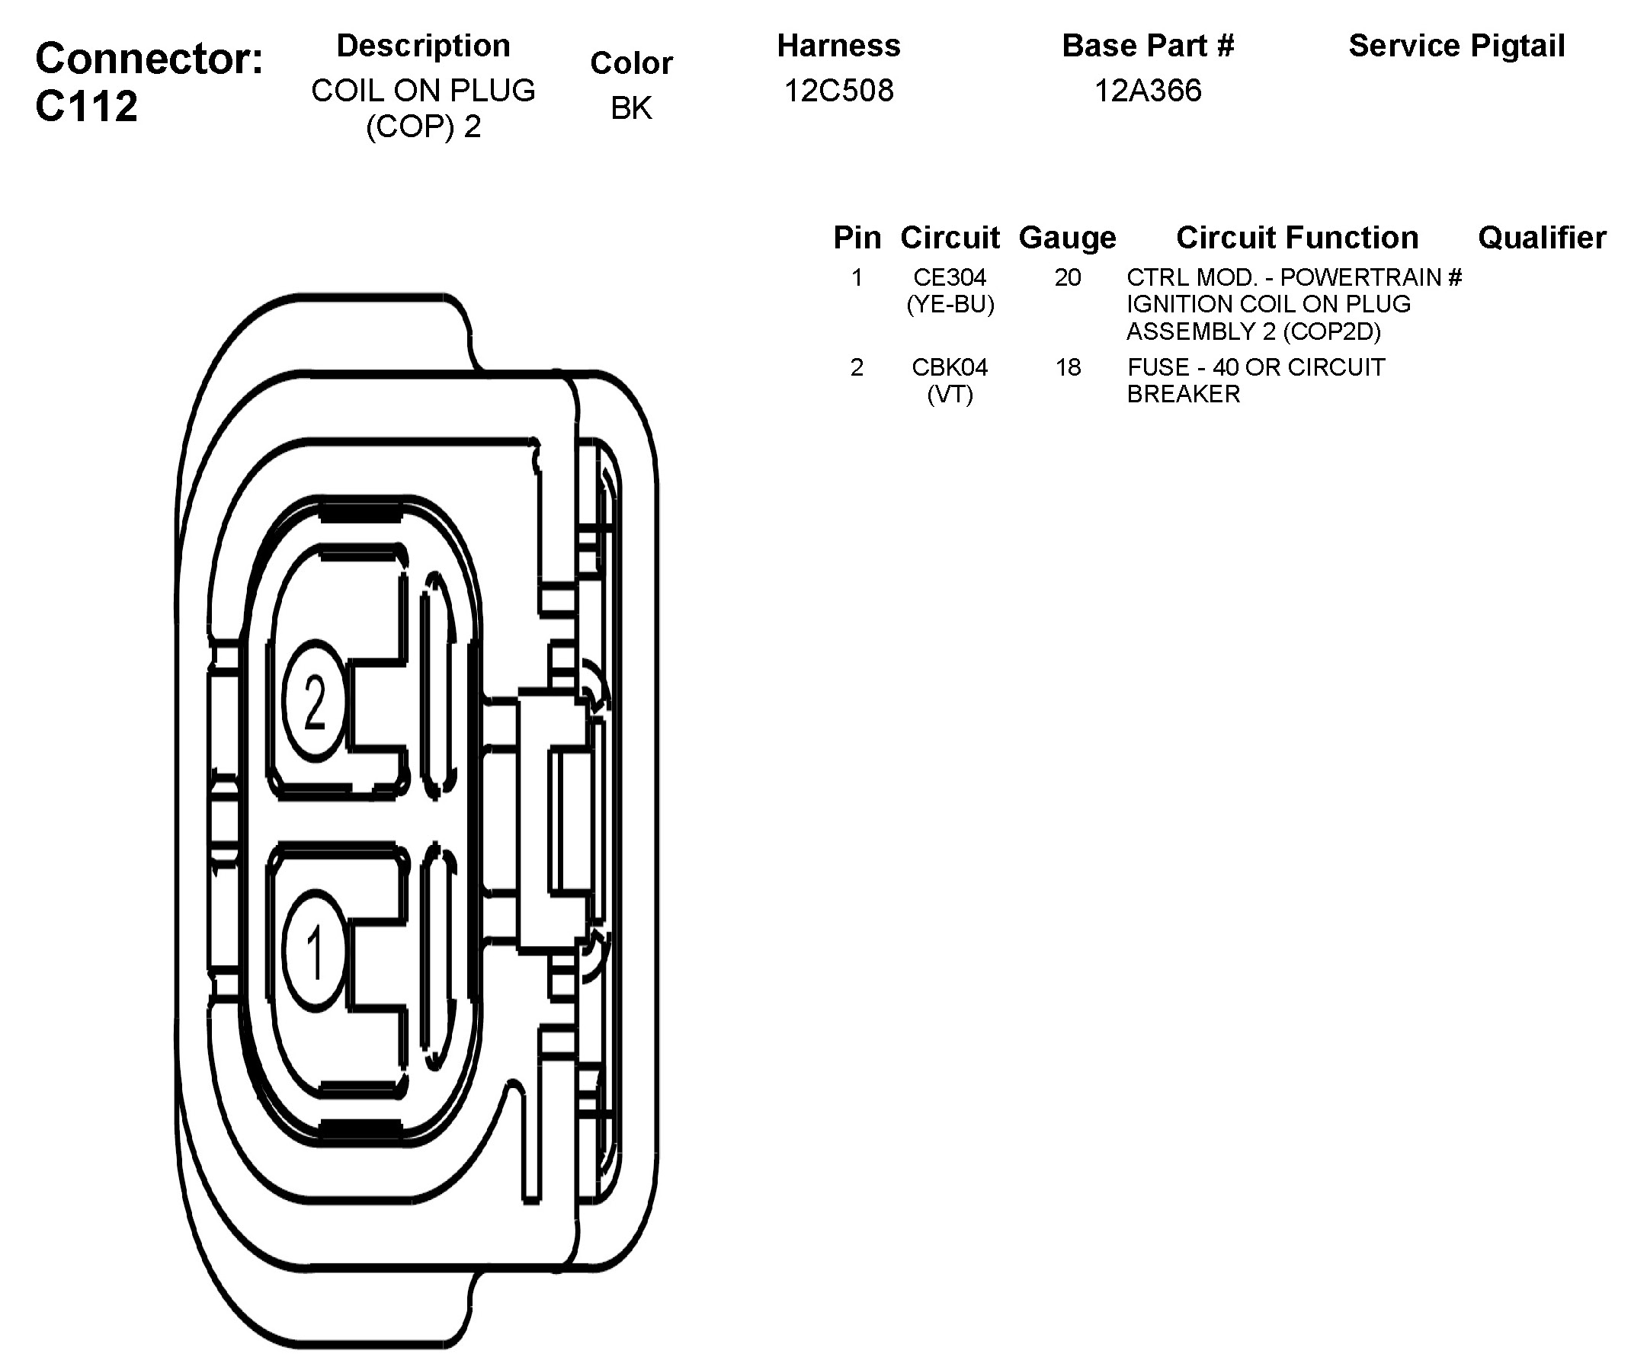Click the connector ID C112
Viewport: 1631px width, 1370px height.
coord(86,106)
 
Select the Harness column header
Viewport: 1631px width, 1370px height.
coord(838,46)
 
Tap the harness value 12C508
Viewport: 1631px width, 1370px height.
coord(838,91)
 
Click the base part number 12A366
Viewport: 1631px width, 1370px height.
coord(1147,91)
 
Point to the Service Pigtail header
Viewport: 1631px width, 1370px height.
coord(1456,46)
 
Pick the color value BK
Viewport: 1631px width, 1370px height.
coord(630,108)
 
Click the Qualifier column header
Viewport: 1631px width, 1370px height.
coord(1542,238)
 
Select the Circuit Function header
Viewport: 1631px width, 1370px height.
coord(1297,238)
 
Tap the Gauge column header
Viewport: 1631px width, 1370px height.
coord(1067,238)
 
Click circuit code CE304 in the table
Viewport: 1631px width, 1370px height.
coord(949,277)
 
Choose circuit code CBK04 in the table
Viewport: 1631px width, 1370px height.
coord(949,367)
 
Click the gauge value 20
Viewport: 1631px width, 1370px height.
coord(1067,277)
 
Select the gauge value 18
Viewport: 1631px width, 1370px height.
coord(1067,367)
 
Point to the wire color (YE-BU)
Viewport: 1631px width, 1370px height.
coord(950,305)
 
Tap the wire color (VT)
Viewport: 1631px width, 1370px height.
coord(949,395)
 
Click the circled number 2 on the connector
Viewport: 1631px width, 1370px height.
coord(314,701)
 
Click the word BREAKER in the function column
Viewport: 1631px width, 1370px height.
coord(1183,395)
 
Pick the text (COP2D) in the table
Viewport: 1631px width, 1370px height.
coord(1331,331)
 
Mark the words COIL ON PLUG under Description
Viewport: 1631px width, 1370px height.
coord(423,91)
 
